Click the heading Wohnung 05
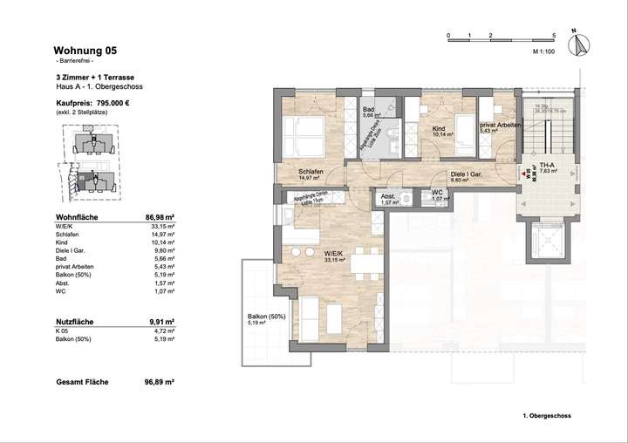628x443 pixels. tap(85, 51)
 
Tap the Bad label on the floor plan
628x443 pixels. tap(368, 108)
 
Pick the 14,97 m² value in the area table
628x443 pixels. tap(163, 235)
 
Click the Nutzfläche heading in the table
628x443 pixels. tap(75, 321)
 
